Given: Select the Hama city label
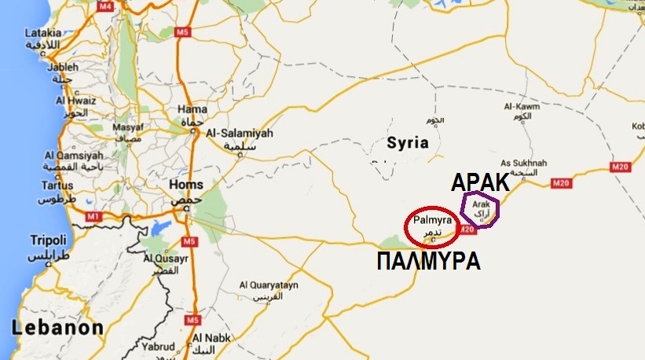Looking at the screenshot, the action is point(192,108).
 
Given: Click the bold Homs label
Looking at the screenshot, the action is point(186,186).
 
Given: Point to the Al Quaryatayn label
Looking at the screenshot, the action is point(274,285).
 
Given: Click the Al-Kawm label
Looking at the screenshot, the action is point(520,106).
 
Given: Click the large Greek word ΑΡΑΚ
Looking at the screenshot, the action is point(480,183).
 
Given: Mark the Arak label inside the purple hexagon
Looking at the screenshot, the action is point(481,204).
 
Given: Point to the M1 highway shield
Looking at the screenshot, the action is point(94,216).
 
